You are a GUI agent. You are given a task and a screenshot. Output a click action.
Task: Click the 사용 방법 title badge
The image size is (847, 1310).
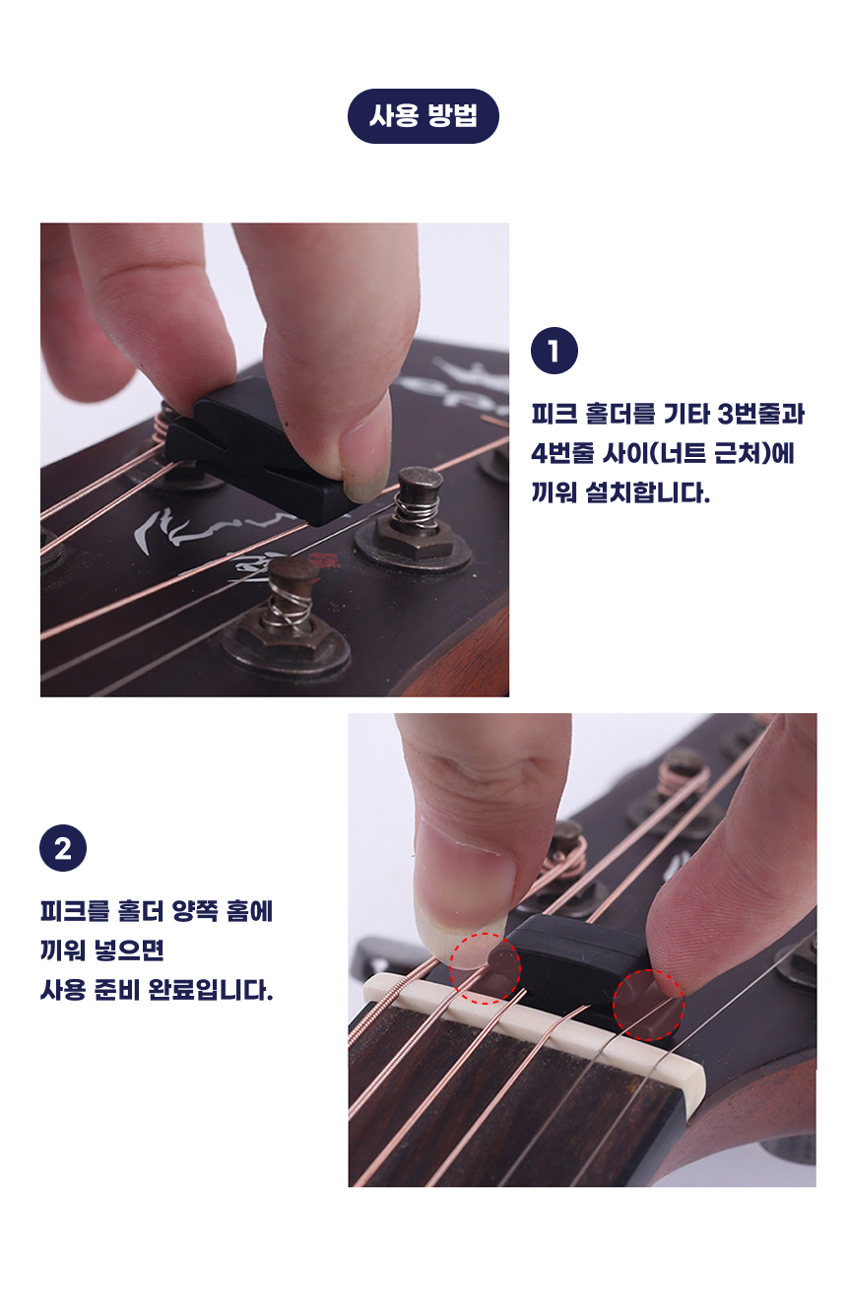pos(423,116)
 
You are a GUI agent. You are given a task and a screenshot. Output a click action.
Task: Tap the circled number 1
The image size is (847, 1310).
pos(554,351)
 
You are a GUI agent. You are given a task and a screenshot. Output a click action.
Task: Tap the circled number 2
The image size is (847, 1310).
pos(63,848)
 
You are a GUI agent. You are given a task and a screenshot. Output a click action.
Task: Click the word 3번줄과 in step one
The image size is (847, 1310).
pos(760,414)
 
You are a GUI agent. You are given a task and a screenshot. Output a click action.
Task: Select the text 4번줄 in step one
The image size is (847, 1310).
pos(562,453)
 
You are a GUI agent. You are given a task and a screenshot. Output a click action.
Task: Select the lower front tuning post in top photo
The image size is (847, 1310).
pos(287,620)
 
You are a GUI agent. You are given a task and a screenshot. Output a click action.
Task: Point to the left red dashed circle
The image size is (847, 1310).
pos(485,969)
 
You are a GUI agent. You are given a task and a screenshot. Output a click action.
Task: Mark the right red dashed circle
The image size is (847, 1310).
pos(648,1005)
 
